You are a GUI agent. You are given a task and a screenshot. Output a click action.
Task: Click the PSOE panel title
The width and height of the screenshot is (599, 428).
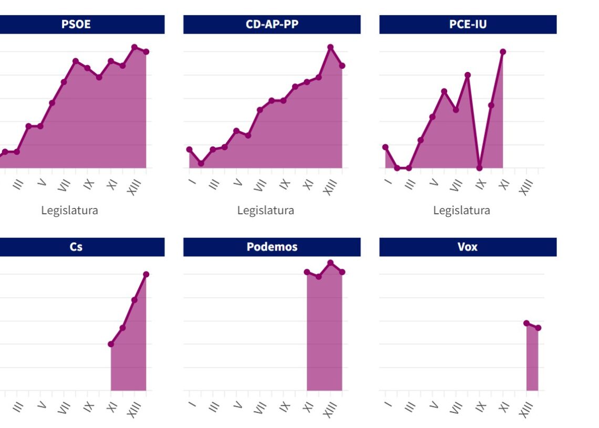click(x=76, y=24)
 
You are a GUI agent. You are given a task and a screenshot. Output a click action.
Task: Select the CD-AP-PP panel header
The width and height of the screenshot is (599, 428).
click(x=272, y=24)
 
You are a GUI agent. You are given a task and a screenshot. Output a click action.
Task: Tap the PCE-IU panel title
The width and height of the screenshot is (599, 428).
click(x=468, y=24)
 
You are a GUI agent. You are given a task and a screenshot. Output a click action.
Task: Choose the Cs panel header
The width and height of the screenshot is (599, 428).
click(x=76, y=247)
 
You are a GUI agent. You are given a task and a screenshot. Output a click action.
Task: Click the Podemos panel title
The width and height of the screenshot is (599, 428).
click(x=272, y=247)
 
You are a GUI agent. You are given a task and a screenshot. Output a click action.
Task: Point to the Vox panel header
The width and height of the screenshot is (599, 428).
click(x=468, y=247)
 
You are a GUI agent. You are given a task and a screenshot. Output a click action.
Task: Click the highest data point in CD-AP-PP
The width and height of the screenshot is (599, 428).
click(x=331, y=47)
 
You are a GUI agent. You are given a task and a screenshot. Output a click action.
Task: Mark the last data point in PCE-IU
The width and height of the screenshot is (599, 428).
click(x=503, y=51)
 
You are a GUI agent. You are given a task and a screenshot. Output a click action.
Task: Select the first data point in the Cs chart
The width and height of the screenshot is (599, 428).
click(x=111, y=344)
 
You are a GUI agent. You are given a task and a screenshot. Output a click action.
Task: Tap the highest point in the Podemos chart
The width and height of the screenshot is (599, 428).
click(x=331, y=263)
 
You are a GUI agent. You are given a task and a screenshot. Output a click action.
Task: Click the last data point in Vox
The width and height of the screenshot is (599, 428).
click(x=538, y=328)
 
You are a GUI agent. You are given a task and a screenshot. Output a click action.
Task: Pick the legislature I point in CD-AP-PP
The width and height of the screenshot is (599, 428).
click(x=189, y=150)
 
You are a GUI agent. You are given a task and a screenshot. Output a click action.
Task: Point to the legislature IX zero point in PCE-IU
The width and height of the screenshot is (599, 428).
click(x=479, y=168)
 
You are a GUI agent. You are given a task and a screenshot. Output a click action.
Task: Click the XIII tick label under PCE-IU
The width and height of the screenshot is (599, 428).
click(x=526, y=187)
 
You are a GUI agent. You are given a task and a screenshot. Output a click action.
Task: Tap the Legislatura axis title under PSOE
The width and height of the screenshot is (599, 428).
click(x=69, y=211)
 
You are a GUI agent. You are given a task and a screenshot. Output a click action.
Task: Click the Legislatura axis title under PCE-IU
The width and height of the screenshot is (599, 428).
click(x=461, y=211)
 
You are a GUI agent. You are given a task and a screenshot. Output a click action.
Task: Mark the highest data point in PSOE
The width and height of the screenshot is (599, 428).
click(x=135, y=47)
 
